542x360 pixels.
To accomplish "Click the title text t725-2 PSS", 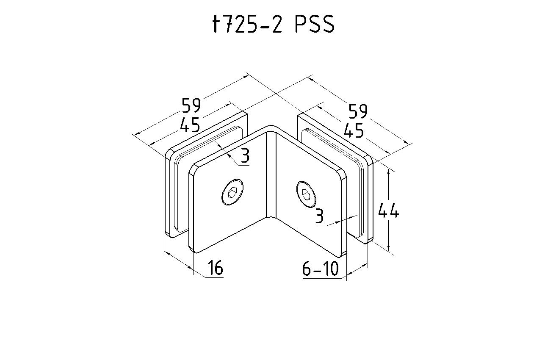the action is pos(274,24).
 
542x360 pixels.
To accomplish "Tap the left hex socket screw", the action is pos(232,192).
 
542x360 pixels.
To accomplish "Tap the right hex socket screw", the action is pos(306,194).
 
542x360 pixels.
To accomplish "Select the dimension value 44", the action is pos(388,210).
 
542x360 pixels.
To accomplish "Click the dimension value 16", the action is pos(215,268).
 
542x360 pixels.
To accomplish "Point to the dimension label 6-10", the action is pos(321,269).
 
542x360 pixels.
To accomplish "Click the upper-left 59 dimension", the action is pos(191,105).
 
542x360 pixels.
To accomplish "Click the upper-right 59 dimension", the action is pos(358,111).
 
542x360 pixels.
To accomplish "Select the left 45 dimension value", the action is pos(190,125).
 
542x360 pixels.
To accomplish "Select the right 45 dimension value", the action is pos(354,130).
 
